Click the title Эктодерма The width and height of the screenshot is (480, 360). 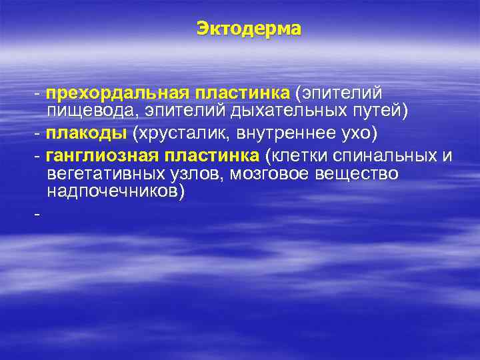tap(249, 29)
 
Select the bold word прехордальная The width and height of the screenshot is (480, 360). tap(118, 91)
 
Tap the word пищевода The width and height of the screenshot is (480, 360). tap(83, 108)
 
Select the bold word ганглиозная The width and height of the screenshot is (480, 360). tap(96, 157)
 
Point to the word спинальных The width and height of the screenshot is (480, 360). tap(384, 157)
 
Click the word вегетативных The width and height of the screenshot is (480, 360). tap(105, 174)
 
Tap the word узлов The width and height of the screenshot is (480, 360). tap(190, 174)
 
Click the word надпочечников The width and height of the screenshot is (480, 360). tap(111, 191)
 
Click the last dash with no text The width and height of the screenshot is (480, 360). tap(37, 215)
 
